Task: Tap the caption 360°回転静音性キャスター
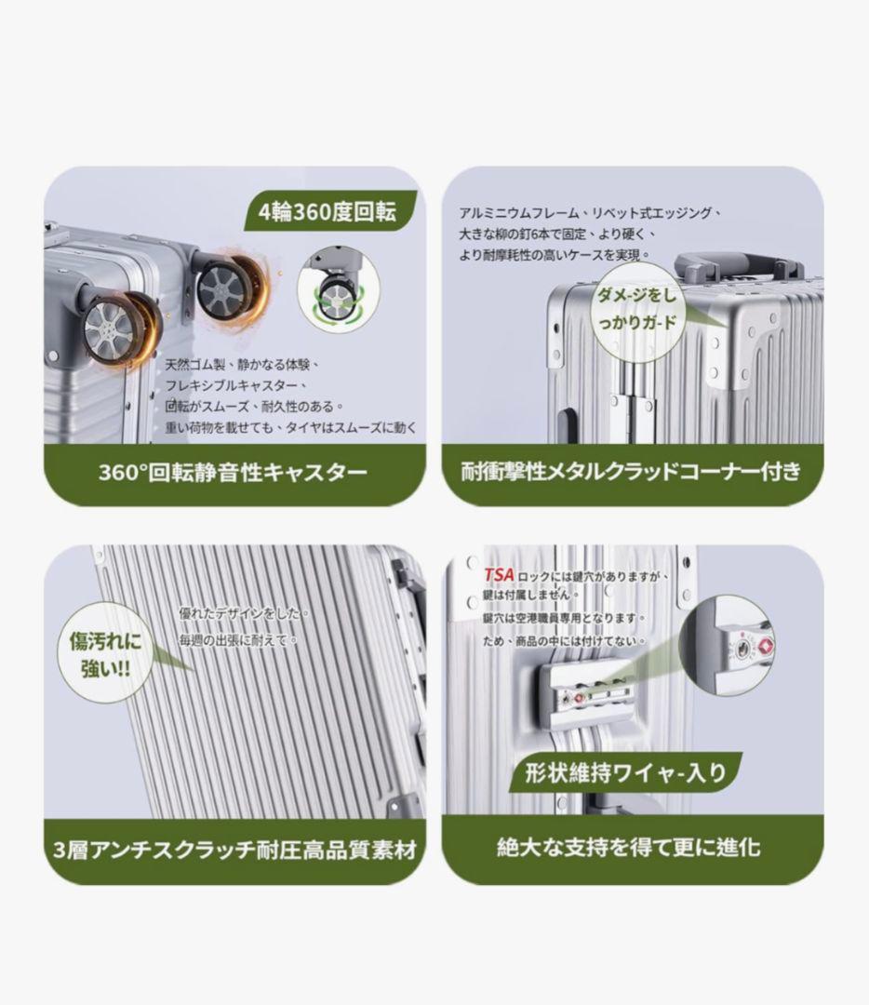(233, 473)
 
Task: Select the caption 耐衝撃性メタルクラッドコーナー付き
(631, 471)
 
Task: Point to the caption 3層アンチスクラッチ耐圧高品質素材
(234, 850)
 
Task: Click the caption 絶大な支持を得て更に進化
(629, 848)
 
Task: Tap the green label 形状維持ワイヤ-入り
(625, 773)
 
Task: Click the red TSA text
(499, 574)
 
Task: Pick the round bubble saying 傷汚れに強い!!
(106, 652)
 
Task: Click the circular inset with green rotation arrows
(339, 289)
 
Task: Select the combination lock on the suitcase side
(585, 695)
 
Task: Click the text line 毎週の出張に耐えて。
(238, 639)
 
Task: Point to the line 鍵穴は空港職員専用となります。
(563, 618)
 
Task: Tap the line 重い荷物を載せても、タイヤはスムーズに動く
(291, 427)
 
